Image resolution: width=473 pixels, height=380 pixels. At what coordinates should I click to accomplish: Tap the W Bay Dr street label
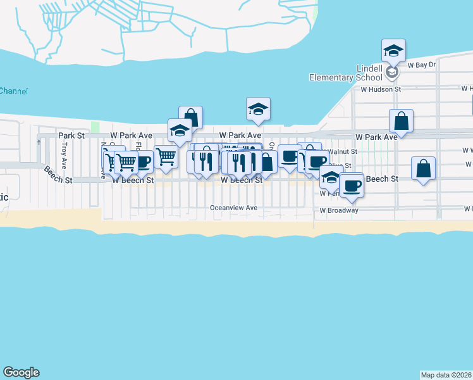click(x=422, y=65)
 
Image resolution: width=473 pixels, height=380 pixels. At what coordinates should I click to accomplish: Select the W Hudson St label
click(x=381, y=89)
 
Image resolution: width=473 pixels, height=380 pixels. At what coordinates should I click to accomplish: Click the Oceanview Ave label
click(x=233, y=208)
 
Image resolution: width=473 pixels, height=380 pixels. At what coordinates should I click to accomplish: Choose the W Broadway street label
click(x=339, y=210)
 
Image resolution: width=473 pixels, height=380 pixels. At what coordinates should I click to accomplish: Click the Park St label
click(x=71, y=136)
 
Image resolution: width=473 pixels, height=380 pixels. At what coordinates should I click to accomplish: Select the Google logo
click(x=21, y=372)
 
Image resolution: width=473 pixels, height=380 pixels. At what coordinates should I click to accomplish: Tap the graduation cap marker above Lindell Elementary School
click(x=393, y=51)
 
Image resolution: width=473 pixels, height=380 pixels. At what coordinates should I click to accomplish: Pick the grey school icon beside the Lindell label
click(x=392, y=72)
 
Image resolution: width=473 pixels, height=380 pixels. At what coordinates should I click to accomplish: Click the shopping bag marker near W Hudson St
click(x=402, y=120)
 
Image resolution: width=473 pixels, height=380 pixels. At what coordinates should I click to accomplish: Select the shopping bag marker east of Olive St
click(x=423, y=168)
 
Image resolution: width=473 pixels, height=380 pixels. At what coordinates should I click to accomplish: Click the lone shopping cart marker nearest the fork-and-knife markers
click(x=166, y=156)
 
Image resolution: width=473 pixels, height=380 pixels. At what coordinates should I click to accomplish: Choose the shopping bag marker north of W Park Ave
click(x=190, y=118)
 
